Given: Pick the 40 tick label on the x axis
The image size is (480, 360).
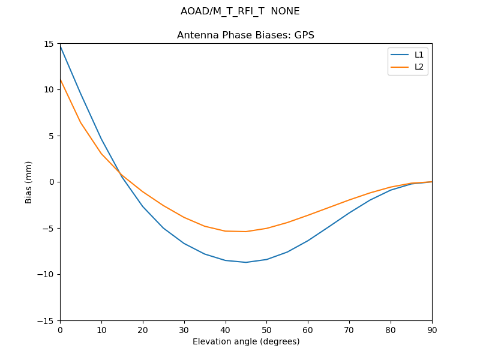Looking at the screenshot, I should click(226, 329).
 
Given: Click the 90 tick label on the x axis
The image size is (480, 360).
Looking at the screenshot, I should click(432, 329).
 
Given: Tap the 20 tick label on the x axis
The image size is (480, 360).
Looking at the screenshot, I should click(143, 329).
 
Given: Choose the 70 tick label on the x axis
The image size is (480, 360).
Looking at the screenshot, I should click(349, 329).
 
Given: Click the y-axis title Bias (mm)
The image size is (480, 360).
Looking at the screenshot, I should click(29, 182).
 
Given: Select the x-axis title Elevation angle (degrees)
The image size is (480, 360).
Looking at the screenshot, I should click(246, 341).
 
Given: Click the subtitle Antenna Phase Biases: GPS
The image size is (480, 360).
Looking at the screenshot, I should click(246, 35).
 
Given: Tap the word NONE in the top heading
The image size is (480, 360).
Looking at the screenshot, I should click(285, 11).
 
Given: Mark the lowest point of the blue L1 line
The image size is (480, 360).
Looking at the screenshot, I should click(246, 262).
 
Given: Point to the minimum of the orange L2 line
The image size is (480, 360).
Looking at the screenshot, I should click(246, 232).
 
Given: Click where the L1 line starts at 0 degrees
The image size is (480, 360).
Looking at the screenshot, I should click(60, 46).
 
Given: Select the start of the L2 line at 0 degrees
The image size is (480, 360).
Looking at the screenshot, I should click(60, 79).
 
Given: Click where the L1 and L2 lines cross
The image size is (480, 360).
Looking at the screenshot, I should click(121, 173).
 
